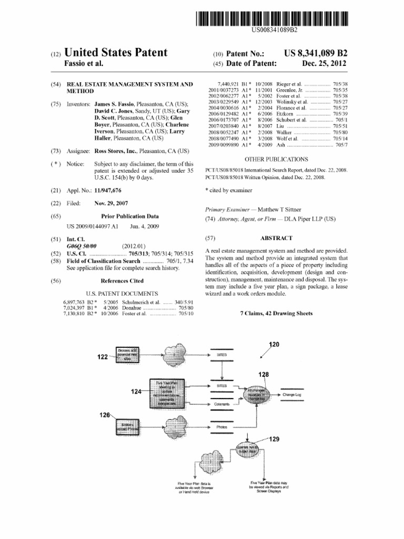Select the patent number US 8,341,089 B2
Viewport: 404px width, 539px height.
point(316,54)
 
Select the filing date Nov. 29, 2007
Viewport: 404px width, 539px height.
point(112,203)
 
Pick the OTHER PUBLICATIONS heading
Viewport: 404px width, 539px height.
point(276,158)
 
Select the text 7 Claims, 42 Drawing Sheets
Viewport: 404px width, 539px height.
point(276,313)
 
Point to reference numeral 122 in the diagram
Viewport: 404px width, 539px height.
point(103,356)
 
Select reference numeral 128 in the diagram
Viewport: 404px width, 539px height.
point(264,374)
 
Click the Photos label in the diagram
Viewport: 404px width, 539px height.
point(221,427)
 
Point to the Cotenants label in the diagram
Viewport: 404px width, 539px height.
point(221,404)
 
